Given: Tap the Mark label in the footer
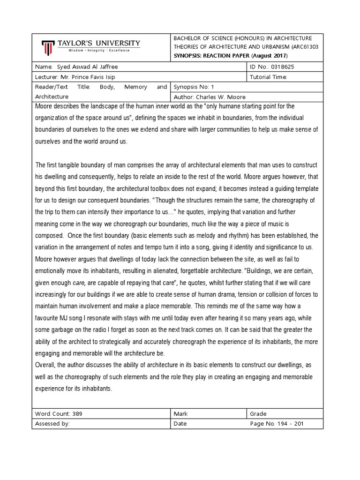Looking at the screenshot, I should point(180,413).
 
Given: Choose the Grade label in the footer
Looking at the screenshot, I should point(258,413).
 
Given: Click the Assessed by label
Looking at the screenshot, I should point(52,423).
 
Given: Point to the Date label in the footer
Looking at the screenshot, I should point(180,423).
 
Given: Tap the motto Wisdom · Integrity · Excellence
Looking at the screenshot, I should point(98,50).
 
